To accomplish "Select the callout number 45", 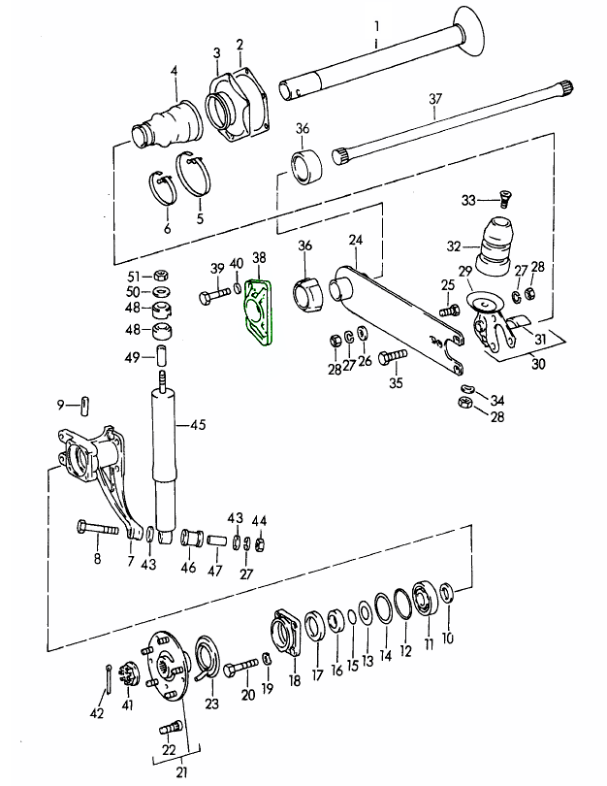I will click(x=198, y=424).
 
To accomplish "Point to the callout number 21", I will click(x=180, y=771).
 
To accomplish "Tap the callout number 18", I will click(x=294, y=682).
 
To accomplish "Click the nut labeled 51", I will click(x=162, y=275).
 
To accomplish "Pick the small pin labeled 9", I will click(x=85, y=404).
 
